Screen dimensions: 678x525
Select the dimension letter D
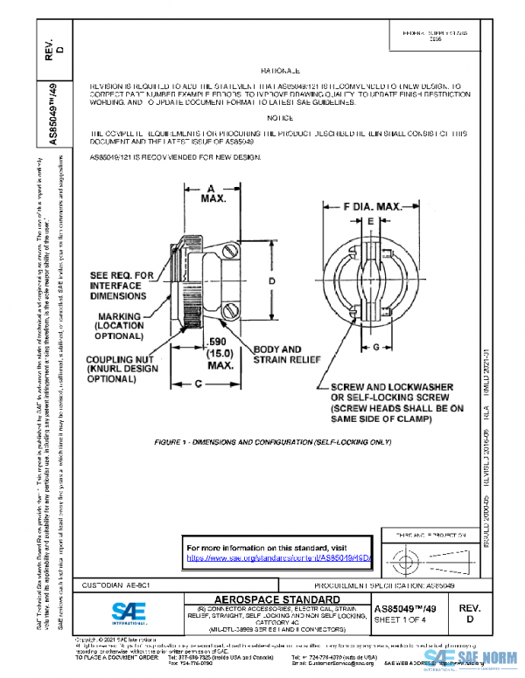pos(272,280)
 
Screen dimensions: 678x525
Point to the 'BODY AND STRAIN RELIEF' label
pos(277,354)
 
